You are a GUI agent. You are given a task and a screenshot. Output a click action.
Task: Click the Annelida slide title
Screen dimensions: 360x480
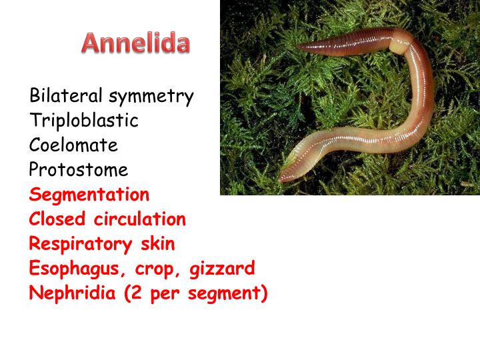(136, 43)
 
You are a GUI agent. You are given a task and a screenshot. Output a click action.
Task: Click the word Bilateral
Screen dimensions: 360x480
(65, 96)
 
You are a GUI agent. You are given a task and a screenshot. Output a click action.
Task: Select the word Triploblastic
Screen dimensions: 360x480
(84, 121)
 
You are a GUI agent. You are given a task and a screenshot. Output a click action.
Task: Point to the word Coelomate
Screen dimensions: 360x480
(73, 145)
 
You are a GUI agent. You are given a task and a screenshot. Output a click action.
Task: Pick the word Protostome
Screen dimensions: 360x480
(79, 170)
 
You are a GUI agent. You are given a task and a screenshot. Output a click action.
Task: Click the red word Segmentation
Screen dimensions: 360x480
(89, 195)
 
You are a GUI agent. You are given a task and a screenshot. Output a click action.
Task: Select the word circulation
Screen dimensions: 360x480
(140, 219)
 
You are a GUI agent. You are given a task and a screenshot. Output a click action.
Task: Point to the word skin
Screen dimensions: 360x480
(157, 243)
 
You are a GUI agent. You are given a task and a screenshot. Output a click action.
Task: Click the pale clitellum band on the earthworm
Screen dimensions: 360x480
(397, 47)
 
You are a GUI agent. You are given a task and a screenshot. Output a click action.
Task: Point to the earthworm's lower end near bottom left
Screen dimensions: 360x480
(284, 176)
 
